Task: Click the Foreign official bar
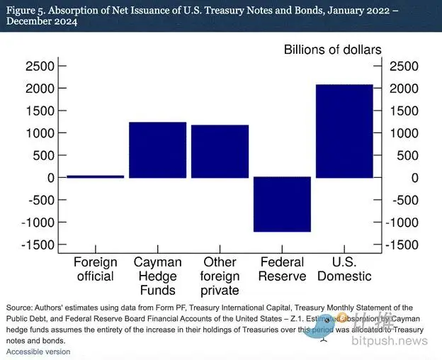pyautogui.click(x=95, y=176)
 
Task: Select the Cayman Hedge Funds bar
pyautogui.click(x=157, y=150)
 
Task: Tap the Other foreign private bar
pyautogui.click(x=220, y=151)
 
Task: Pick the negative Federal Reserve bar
pyautogui.click(x=282, y=204)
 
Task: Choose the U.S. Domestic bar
pyautogui.click(x=344, y=131)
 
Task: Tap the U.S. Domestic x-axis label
pyautogui.click(x=345, y=269)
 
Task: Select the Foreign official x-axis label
pyautogui.click(x=95, y=269)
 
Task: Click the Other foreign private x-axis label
pyautogui.click(x=220, y=276)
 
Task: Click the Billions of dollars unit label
pyautogui.click(x=333, y=50)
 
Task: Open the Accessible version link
pyautogui.click(x=38, y=351)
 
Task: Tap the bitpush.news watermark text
pyautogui.click(x=390, y=341)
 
